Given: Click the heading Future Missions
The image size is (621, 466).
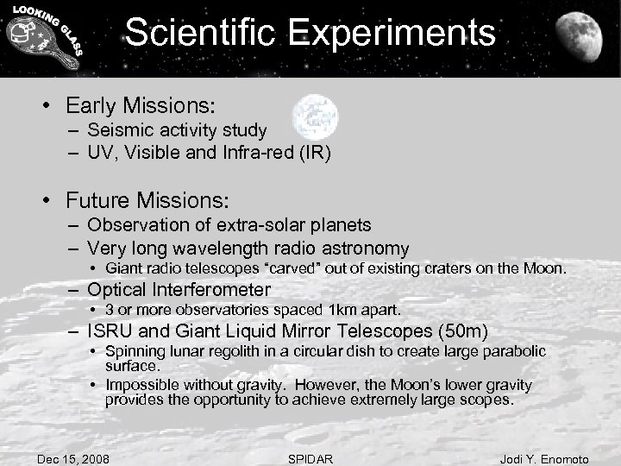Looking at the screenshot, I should (147, 201).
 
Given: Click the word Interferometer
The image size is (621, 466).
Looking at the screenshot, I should (216, 290).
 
